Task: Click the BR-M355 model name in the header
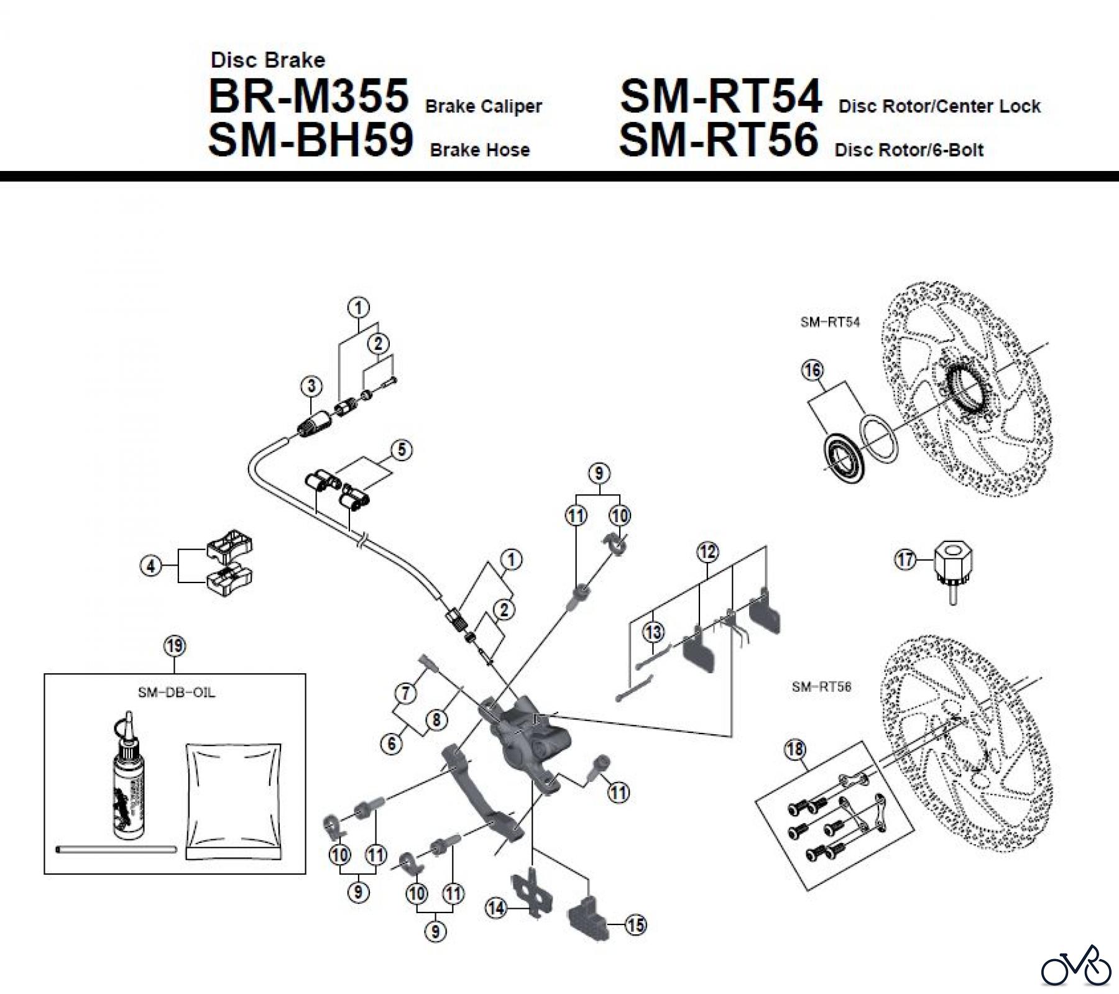point(308,97)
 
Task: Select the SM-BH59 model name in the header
point(310,140)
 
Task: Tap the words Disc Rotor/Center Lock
point(939,106)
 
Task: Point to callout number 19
point(175,646)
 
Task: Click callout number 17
point(905,559)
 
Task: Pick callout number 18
point(795,750)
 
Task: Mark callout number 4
point(151,566)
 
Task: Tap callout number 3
point(311,386)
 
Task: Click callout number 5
point(402,449)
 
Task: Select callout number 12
point(707,552)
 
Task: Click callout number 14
point(496,908)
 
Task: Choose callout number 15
point(635,925)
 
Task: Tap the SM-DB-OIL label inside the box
point(177,693)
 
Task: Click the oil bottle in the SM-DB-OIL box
point(128,783)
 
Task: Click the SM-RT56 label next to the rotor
point(821,687)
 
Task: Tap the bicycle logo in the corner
point(1076,966)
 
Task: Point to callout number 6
point(392,743)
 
